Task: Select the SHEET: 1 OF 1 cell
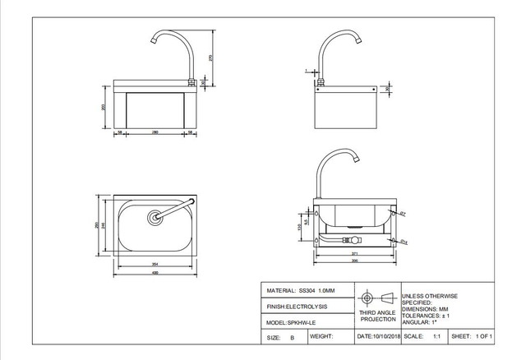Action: (x=471, y=337)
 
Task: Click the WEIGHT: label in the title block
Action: (x=321, y=337)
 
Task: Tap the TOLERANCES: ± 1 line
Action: (x=427, y=314)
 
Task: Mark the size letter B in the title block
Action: (x=291, y=338)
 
